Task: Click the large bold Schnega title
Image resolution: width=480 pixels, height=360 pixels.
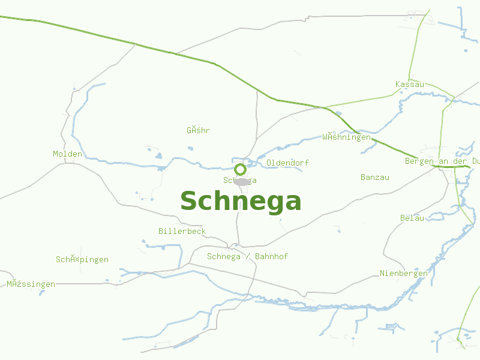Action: click(241, 202)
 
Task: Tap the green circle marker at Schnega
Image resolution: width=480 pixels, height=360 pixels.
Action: click(240, 169)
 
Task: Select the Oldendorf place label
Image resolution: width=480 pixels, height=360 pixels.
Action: click(287, 163)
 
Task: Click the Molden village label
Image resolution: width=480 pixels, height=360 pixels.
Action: click(67, 154)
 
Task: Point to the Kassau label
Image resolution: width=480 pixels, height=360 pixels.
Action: click(410, 84)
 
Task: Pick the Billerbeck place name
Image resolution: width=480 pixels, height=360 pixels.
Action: click(182, 231)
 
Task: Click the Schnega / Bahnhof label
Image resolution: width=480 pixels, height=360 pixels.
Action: click(247, 256)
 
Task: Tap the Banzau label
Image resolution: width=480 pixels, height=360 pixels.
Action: click(375, 177)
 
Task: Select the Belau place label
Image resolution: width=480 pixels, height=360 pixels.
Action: click(412, 218)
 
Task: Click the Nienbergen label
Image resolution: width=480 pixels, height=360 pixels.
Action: click(404, 274)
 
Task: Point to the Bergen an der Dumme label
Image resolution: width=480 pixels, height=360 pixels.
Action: click(442, 161)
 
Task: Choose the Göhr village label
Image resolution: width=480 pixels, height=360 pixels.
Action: click(198, 130)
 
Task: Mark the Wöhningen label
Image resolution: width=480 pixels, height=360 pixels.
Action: click(346, 137)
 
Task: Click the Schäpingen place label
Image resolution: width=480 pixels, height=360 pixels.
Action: click(82, 260)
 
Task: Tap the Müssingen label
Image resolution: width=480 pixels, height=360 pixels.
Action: click(31, 284)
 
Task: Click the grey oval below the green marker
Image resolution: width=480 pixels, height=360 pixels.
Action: click(242, 181)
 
